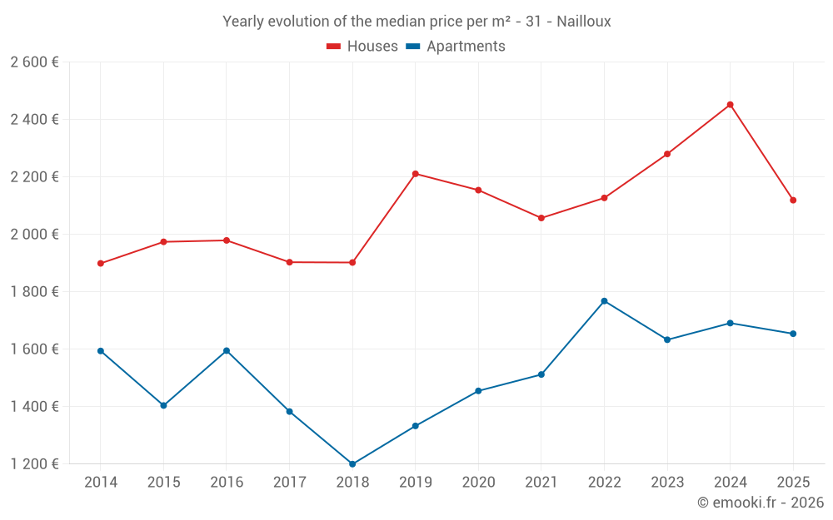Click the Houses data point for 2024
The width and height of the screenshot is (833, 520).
pos(730,105)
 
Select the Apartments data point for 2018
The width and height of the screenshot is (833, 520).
pos(352,464)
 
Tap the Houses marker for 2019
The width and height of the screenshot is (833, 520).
pos(415,174)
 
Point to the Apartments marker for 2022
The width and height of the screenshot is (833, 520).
pos(604,301)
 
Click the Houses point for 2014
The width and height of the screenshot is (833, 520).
pos(101,264)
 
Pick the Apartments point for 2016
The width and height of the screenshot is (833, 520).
pos(227,351)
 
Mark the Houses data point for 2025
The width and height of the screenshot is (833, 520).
pos(793,201)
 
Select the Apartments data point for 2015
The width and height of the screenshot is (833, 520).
pos(163,406)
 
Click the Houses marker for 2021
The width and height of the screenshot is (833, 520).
pos(541,218)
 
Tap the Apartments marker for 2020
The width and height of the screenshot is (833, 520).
pos(478,391)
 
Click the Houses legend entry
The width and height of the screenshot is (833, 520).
pos(362,47)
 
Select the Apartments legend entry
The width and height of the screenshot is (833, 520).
pos(456,47)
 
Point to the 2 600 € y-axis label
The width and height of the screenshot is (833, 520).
pos(34,62)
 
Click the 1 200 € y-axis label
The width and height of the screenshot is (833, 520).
pos(34,464)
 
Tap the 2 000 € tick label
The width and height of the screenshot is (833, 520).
pos(34,235)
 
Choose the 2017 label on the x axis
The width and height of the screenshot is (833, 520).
pos(289,483)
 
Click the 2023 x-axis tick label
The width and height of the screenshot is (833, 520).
pos(667,483)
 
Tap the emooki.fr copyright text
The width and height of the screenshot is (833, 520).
pos(760,503)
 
